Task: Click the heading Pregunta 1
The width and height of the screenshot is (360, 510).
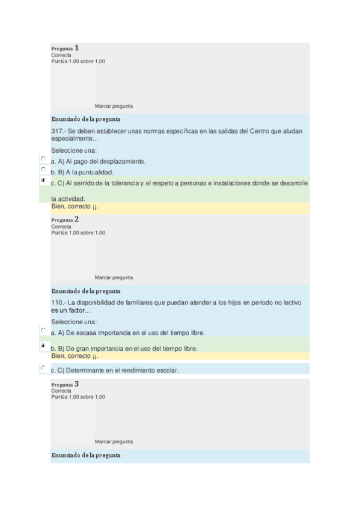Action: pos(65,48)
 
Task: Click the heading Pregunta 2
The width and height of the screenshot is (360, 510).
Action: pos(65,220)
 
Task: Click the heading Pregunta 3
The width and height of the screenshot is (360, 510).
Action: pos(65,384)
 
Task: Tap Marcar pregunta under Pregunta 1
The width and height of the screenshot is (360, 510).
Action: pos(114,106)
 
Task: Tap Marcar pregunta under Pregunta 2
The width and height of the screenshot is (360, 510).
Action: pos(114,277)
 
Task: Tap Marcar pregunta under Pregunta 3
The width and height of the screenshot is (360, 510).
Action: pos(114,441)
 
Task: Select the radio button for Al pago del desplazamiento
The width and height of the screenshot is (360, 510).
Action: pos(43,159)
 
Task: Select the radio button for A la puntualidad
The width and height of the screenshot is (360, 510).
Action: pos(43,170)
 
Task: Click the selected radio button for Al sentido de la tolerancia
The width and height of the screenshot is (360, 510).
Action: pos(43,180)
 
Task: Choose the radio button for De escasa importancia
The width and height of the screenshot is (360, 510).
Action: pos(43,330)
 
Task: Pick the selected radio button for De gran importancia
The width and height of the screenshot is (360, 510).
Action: pos(43,346)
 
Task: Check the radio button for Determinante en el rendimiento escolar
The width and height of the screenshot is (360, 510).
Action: pos(43,367)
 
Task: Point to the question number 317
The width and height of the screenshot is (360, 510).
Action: pos(57,132)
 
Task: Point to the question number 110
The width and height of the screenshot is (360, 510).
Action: pos(57,303)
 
